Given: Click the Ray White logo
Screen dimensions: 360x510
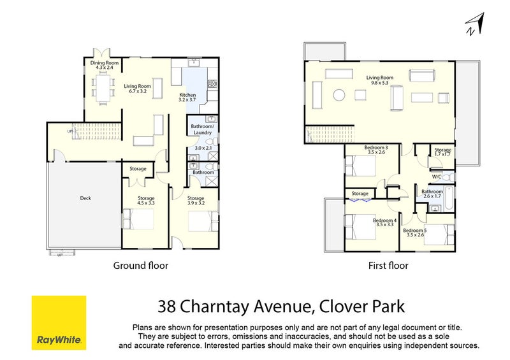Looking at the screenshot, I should (x=59, y=322).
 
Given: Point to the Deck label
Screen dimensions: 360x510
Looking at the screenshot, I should (x=85, y=198).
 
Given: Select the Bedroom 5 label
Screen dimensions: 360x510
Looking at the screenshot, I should (x=414, y=232).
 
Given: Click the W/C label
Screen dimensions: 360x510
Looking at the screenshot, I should (x=437, y=177).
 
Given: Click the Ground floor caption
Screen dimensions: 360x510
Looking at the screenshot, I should (x=140, y=265).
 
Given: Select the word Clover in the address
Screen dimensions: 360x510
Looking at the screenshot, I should (x=342, y=307).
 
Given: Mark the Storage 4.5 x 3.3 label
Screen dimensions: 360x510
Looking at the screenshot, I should (x=146, y=201).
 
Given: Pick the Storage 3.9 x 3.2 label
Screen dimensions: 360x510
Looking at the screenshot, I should (x=196, y=201).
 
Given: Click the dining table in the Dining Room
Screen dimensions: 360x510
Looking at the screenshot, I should (x=103, y=89).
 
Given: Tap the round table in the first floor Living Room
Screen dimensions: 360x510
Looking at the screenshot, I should (x=339, y=95).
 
